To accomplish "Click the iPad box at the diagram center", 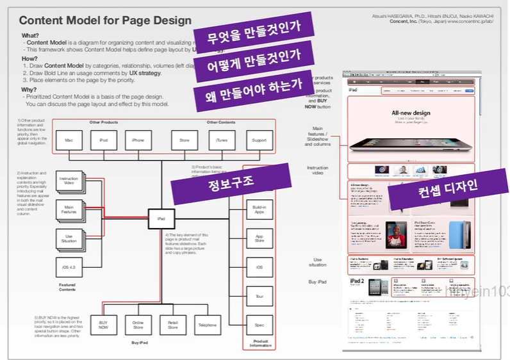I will tap(161, 219).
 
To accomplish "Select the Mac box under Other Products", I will tap(67, 140).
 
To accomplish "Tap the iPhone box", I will tap(138, 140).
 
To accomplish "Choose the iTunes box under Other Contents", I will tap(222, 140).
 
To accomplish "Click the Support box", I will tap(259, 140).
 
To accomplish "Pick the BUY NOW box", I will tap(103, 325).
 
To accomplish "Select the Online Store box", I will tap(138, 325).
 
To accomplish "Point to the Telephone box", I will tap(208, 325).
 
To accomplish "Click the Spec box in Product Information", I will tap(259, 325).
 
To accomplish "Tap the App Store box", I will tap(259, 238).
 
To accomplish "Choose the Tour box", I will tap(259, 296).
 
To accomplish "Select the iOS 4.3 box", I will tap(69, 266).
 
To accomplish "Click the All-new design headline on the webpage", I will tap(411, 113).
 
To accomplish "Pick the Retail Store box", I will tap(172, 325).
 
